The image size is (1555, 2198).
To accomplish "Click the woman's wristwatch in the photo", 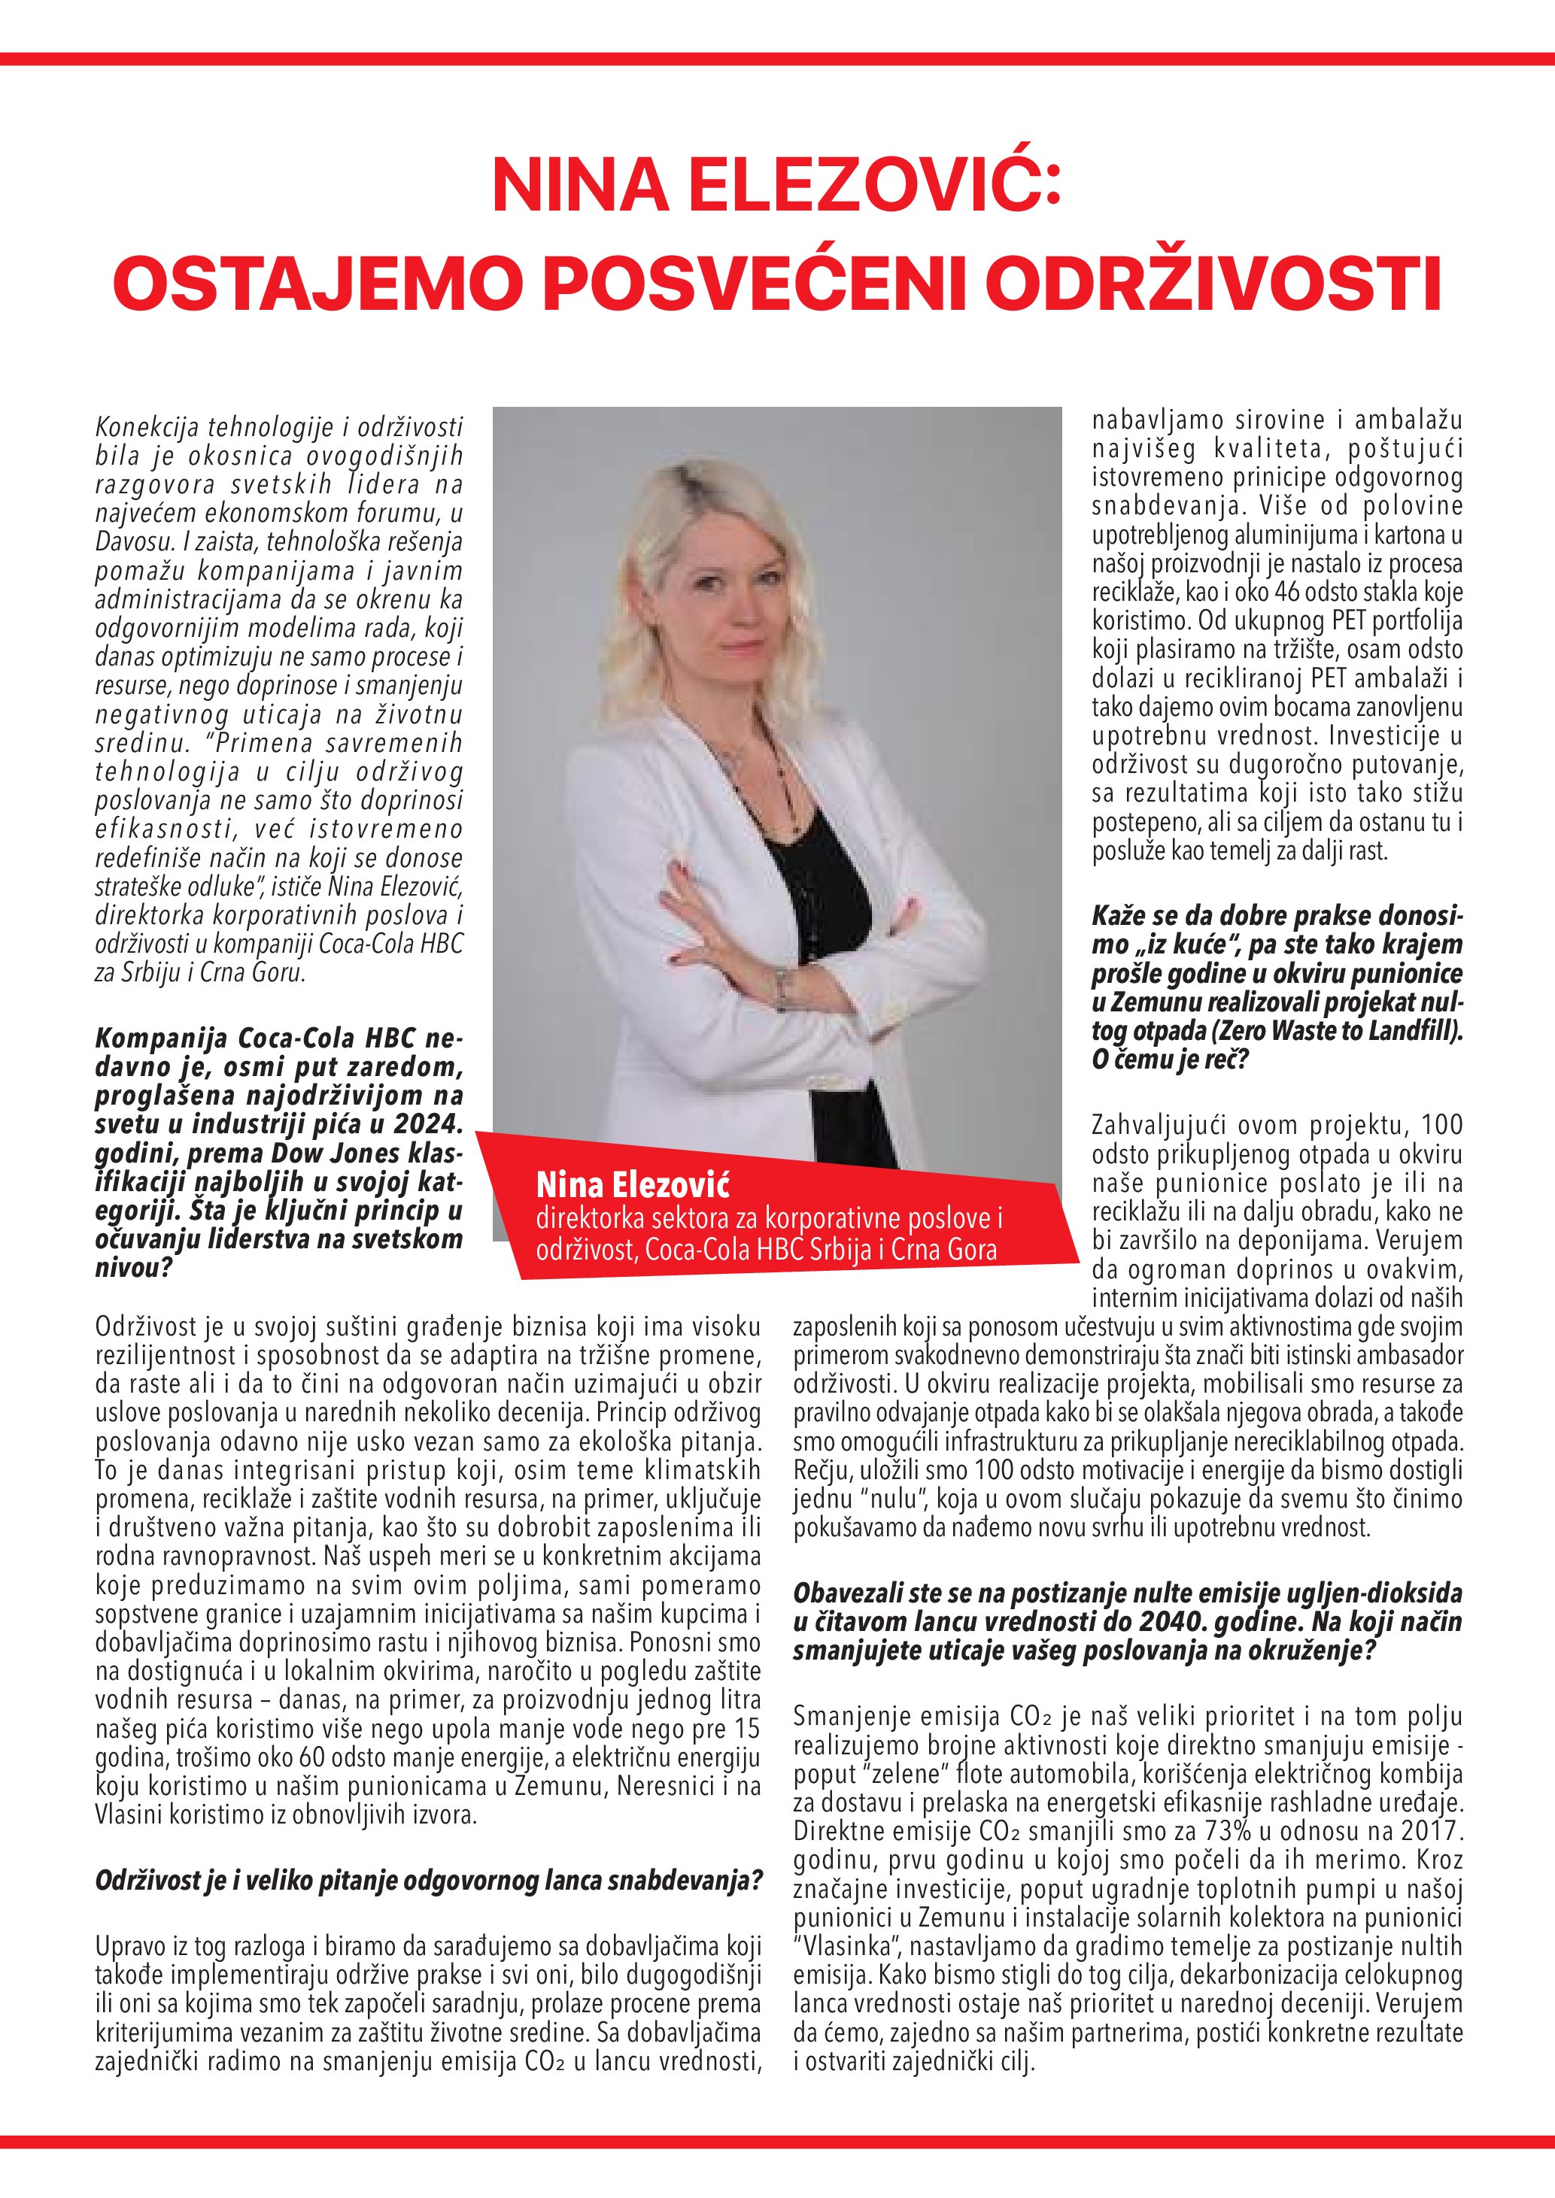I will [x=782, y=986].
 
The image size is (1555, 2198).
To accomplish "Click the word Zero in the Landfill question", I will [x=1222, y=1032].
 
